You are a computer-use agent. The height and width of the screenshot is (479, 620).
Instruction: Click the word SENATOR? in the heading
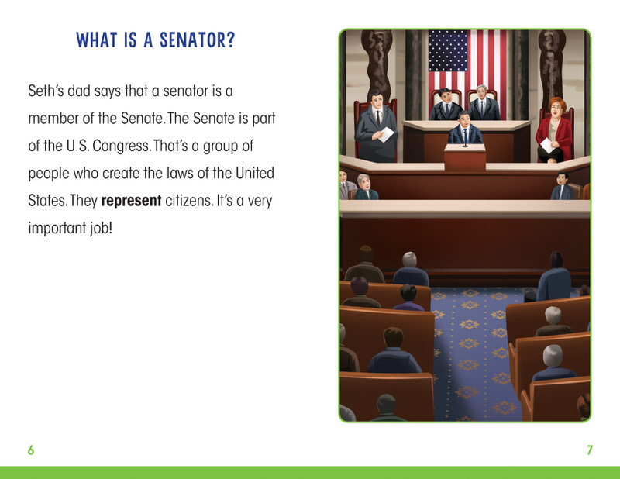197,40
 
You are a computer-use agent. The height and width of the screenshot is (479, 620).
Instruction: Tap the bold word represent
131,201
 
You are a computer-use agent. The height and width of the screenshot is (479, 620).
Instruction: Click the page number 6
31,450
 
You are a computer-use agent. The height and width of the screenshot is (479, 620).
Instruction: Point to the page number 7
590,450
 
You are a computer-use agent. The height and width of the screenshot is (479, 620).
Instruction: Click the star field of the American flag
448,50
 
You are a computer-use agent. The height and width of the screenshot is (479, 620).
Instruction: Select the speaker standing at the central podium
465,128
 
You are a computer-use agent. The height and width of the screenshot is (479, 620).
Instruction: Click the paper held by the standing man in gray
386,135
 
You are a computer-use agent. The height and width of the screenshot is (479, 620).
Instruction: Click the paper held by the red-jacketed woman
547,145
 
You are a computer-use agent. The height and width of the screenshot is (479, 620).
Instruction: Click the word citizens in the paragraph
189,201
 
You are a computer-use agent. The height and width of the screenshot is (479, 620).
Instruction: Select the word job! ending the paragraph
101,228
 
